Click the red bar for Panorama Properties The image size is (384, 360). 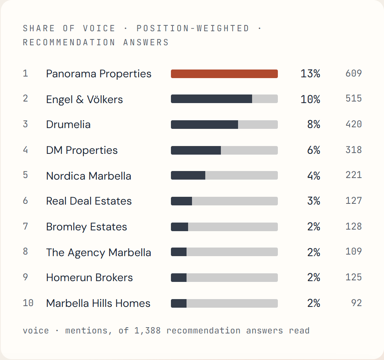click(224, 74)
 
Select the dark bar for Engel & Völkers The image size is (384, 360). click(212, 99)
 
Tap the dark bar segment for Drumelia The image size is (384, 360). click(204, 125)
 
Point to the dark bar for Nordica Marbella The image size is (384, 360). click(188, 175)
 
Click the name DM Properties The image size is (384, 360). click(82, 150)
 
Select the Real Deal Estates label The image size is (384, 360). click(89, 201)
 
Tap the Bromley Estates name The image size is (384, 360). click(87, 227)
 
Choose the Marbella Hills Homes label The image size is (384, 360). click(98, 303)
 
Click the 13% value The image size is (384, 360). click(310, 73)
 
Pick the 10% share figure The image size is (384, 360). click(310, 99)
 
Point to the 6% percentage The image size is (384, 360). click(314, 150)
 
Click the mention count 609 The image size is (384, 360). click(354, 73)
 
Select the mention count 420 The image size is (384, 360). click(354, 124)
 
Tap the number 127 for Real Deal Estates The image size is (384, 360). click(354, 200)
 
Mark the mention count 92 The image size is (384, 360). click(357, 303)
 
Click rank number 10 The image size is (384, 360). click(28, 303)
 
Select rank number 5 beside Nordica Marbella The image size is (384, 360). click(25, 175)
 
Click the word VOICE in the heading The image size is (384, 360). click(99, 29)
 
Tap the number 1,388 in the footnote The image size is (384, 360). click(148, 331)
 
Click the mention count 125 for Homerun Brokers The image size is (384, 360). click(354, 277)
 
